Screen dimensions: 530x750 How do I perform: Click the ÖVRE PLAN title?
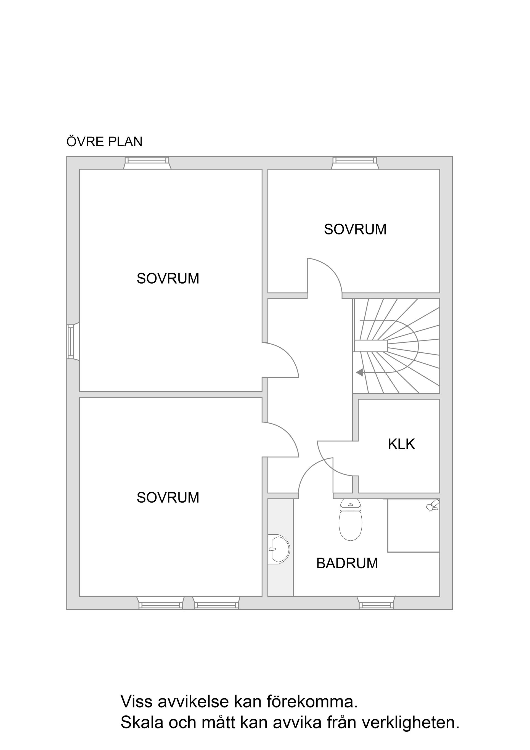pyautogui.click(x=105, y=142)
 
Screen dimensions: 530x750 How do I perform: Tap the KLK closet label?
pyautogui.click(x=401, y=444)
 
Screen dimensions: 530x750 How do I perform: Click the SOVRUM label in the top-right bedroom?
pyautogui.click(x=355, y=229)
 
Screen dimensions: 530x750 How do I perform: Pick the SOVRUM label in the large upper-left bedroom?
pyautogui.click(x=168, y=279)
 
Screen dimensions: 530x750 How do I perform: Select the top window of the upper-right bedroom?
pyautogui.click(x=355, y=163)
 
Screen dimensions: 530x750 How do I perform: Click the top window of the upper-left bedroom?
pyautogui.click(x=147, y=163)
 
